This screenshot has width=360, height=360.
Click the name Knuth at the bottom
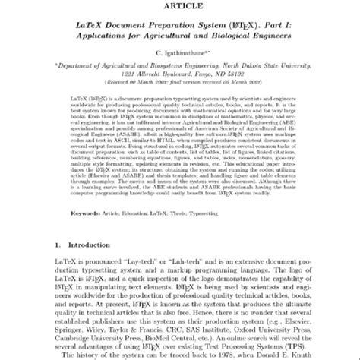(319, 355)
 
